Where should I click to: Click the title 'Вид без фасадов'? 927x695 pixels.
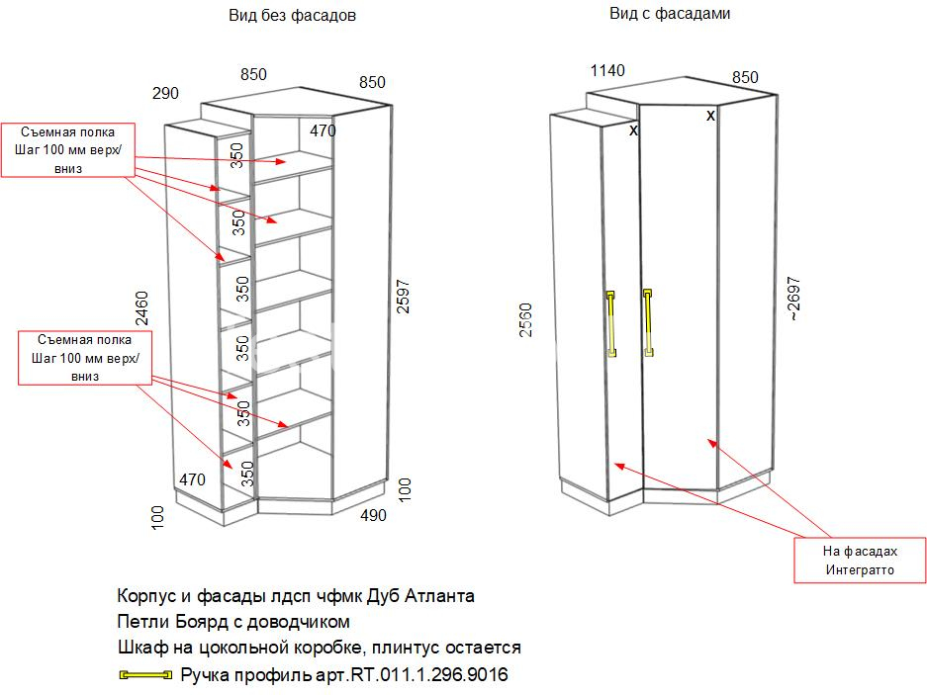click(x=292, y=16)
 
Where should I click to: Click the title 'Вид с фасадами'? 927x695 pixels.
click(x=670, y=13)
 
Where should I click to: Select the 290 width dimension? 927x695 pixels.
click(x=165, y=93)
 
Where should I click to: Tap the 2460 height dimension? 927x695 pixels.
click(x=141, y=307)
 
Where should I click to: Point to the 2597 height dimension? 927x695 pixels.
click(x=403, y=296)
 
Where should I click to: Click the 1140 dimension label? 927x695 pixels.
click(x=607, y=71)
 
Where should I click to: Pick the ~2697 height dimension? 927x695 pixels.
click(x=794, y=299)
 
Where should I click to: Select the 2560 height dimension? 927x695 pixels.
click(x=525, y=319)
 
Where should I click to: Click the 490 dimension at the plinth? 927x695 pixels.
click(x=374, y=515)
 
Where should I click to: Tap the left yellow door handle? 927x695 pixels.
click(x=611, y=324)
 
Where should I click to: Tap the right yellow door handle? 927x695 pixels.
click(x=648, y=322)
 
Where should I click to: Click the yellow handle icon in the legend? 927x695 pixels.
click(x=145, y=675)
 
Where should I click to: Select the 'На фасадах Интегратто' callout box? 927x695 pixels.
click(x=860, y=561)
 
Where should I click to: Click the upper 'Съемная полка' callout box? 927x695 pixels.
click(x=68, y=150)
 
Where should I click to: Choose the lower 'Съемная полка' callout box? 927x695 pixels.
click(x=84, y=358)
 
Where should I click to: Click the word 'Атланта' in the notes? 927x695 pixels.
click(x=439, y=596)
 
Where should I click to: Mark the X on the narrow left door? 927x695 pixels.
click(x=633, y=130)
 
